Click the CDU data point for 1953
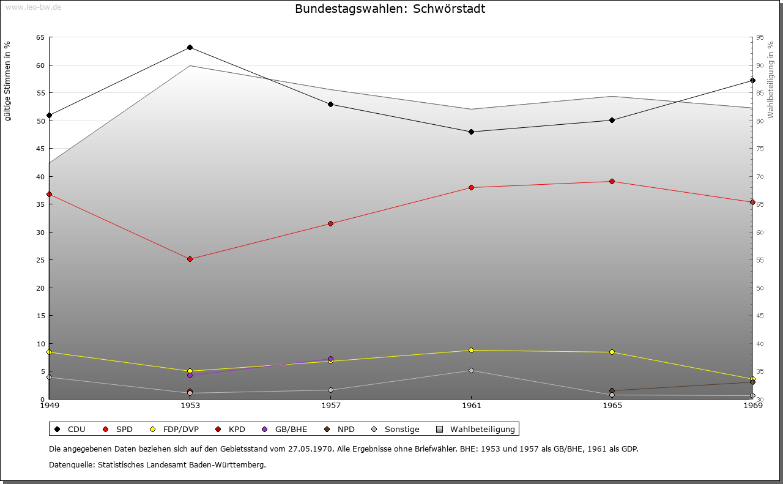190,48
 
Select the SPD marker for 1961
471,187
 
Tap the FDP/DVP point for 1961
471,350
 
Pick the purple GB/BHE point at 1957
330,359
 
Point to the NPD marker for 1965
612,390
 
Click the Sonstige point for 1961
471,370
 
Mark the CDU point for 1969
752,80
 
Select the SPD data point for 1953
190,259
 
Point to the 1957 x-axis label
330,406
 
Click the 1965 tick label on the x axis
612,406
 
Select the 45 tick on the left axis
40,149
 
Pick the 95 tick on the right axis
760,37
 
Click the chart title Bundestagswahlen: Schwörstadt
390,9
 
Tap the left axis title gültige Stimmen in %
7,81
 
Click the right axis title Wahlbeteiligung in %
771,80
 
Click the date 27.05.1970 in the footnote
311,449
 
